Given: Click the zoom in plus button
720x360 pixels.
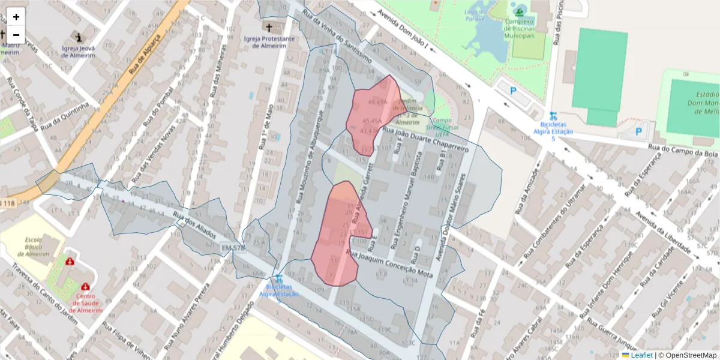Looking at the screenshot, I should click(x=16, y=17).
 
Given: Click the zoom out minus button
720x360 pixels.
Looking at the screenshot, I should click(x=16, y=35).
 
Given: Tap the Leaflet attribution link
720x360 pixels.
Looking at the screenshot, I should click(x=641, y=355).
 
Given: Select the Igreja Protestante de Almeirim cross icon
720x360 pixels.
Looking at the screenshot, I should click(x=269, y=28).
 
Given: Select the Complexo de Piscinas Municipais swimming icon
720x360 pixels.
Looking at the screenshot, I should click(x=518, y=11).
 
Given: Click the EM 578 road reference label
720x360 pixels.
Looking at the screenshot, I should click(x=233, y=248).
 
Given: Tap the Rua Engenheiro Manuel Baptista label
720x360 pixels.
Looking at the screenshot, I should click(x=406, y=201).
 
